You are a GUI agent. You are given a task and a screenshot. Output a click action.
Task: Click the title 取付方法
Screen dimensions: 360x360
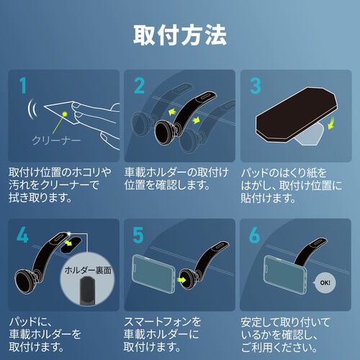click(180, 34)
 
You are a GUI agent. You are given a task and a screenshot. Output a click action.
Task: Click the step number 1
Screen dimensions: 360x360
click(24, 87)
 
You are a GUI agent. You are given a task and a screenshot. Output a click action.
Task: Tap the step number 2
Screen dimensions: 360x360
click(139, 87)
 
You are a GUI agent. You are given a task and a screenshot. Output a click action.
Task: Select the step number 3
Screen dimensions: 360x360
click(253, 87)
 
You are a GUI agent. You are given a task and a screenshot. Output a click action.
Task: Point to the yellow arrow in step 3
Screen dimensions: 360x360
click(330, 125)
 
